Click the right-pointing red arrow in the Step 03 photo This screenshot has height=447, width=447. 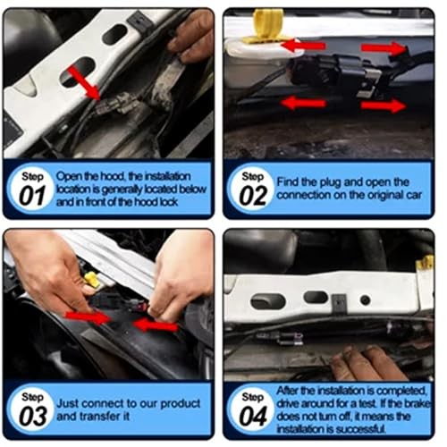pyautogui.click(x=92, y=317)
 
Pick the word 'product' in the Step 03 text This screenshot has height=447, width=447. pyautogui.click(x=189, y=403)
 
